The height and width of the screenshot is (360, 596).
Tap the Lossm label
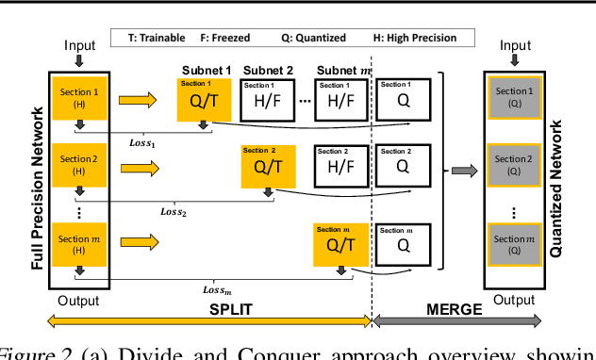pyautogui.click(x=218, y=289)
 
